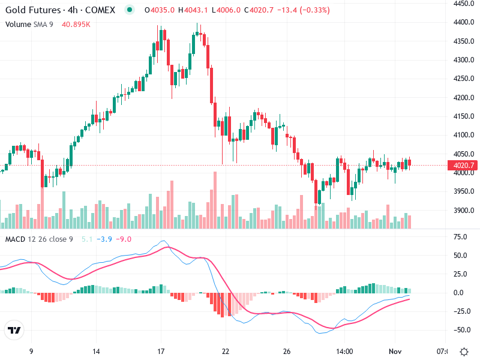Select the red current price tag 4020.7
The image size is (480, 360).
(x=465, y=166)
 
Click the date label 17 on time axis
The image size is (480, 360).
(x=161, y=351)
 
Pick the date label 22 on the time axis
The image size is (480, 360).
(x=226, y=351)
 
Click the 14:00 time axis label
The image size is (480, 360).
(x=344, y=351)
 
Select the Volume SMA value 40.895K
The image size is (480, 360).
(x=76, y=24)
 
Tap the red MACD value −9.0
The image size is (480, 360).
(x=124, y=239)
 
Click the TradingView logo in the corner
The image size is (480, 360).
(x=14, y=331)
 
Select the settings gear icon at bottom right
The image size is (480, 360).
(x=464, y=351)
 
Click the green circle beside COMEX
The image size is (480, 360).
(x=130, y=10)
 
